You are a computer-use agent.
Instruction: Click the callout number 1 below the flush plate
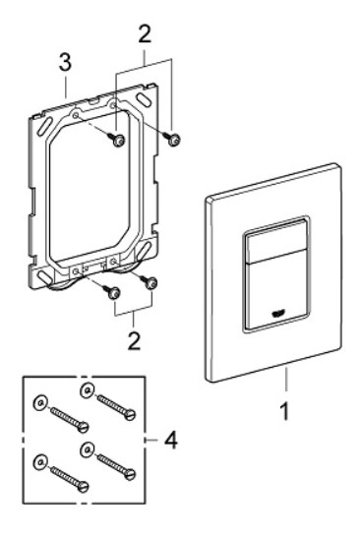click(x=284, y=411)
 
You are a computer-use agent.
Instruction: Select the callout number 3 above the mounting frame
click(x=65, y=62)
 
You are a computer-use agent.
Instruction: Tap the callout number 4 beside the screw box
click(x=170, y=440)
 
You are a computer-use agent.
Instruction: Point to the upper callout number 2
click(x=145, y=33)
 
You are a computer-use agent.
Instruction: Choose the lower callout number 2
click(x=134, y=340)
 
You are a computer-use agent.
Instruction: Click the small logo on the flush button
click(x=277, y=314)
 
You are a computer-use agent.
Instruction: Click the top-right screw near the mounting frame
click(x=172, y=139)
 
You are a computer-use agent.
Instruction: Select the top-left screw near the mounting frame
click(x=116, y=140)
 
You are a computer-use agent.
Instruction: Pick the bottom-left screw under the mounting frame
click(x=113, y=292)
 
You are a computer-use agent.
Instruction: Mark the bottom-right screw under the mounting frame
click(x=149, y=283)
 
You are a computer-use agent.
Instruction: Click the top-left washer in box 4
click(x=40, y=403)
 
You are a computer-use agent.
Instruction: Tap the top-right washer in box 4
click(x=88, y=390)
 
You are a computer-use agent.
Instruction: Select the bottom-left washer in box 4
click(x=40, y=462)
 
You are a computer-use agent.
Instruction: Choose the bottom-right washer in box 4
click(x=88, y=450)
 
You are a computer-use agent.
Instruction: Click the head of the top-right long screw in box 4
click(x=130, y=415)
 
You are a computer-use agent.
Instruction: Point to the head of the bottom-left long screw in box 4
click(x=83, y=486)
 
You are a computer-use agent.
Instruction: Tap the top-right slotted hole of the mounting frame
click(x=145, y=99)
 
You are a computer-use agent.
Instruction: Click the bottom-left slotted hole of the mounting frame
click(x=44, y=276)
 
